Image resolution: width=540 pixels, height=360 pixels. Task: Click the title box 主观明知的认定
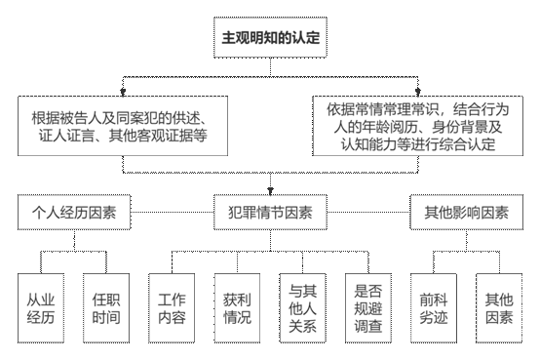(268, 40)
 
